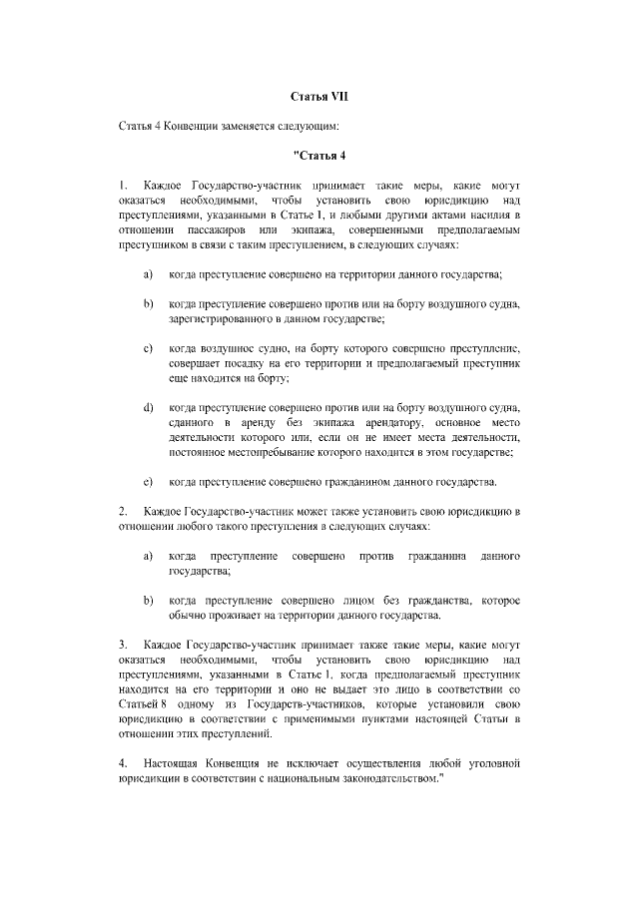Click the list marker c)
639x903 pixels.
click(x=148, y=348)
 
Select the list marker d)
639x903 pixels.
click(x=148, y=408)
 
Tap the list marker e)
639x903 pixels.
click(x=148, y=483)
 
